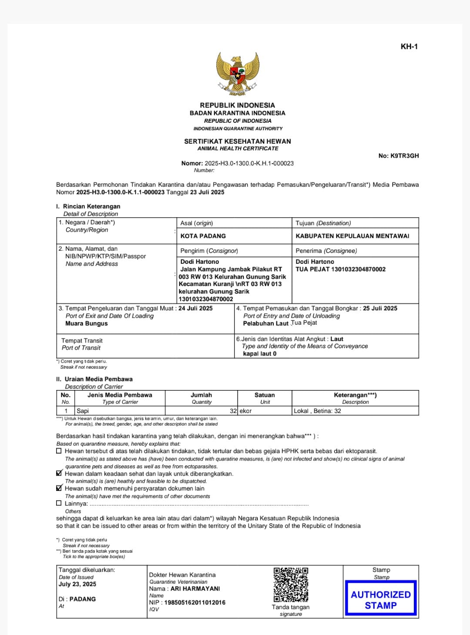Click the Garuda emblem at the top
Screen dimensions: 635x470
coord(238,74)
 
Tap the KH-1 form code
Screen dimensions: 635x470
coord(409,47)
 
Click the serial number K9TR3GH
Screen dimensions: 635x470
coord(404,156)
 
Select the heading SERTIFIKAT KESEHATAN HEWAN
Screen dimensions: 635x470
coord(238,141)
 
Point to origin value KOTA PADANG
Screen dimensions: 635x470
coord(203,236)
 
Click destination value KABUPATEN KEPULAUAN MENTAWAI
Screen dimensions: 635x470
coord(352,236)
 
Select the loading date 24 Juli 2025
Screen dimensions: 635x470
coord(195,308)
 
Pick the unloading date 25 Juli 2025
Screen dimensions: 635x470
coord(380,308)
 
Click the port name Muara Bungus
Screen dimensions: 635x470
coord(87,323)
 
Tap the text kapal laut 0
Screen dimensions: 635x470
coord(260,354)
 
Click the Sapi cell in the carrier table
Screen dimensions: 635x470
coord(83,411)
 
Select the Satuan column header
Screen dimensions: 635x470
coord(265,395)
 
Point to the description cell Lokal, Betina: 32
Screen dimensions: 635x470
coord(318,411)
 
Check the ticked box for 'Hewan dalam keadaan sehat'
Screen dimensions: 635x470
coord(59,474)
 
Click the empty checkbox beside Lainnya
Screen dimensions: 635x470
coord(59,503)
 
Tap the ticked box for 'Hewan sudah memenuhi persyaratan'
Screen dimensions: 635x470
coord(59,488)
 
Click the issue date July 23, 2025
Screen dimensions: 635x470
coord(77,584)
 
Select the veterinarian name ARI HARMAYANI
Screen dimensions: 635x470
coord(195,588)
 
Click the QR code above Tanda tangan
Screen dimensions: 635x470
coord(291,585)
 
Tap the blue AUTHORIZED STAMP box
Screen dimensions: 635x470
coord(381,599)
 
